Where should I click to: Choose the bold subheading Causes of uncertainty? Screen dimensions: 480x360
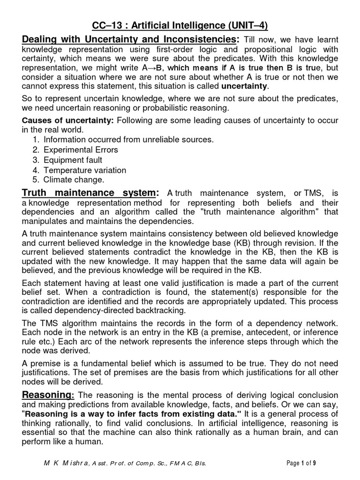68,120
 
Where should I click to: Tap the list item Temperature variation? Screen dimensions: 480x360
84,170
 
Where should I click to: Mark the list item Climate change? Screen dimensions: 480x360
74,180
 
